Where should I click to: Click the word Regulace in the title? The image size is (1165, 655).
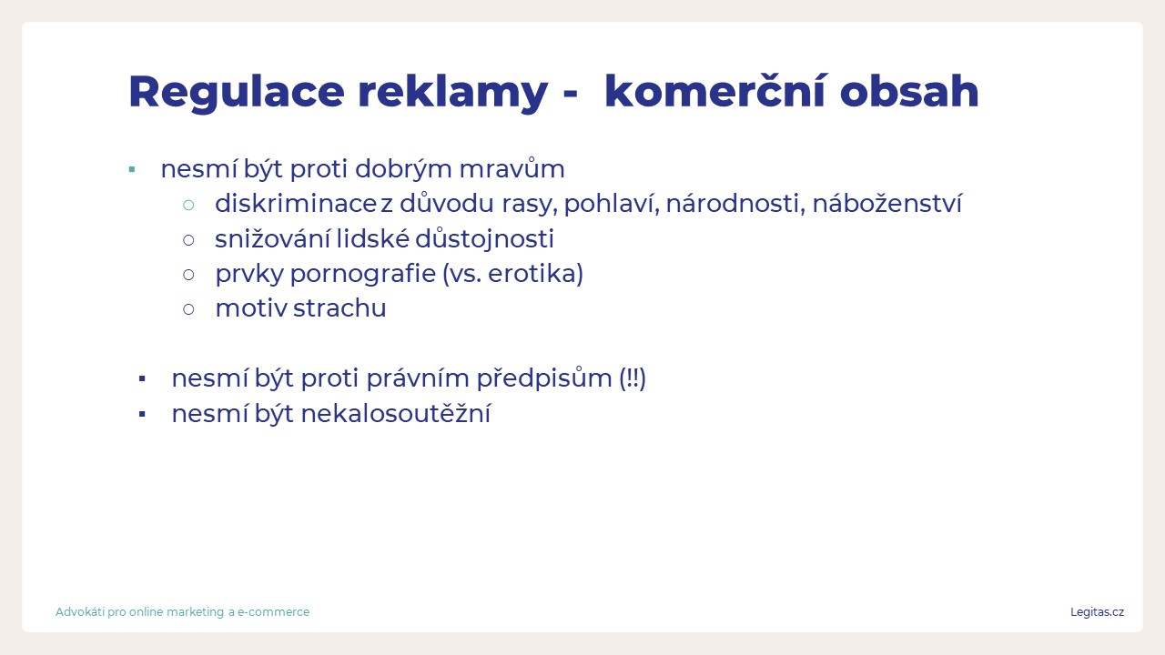[x=237, y=93]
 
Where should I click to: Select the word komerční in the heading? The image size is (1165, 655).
[x=714, y=91]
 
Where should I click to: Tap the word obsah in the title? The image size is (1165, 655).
[x=909, y=91]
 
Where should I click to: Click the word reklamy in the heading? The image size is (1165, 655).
[x=452, y=93]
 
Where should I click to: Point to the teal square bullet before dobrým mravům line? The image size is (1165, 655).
[x=132, y=169]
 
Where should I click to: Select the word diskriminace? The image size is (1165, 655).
[x=296, y=203]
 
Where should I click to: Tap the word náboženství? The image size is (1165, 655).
[x=887, y=203]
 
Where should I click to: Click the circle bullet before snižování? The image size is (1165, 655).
[x=188, y=240]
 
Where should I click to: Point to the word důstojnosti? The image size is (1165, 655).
[x=485, y=239]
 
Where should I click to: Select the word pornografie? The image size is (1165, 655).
[x=362, y=275]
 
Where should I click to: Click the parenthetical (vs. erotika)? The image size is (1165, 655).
[x=512, y=274]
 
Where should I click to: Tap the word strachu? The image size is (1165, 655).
[x=339, y=308]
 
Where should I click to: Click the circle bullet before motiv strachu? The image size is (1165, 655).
[x=188, y=310]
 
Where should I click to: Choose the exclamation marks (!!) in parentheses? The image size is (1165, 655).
[x=633, y=378]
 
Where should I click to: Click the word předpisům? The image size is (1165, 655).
[x=544, y=378]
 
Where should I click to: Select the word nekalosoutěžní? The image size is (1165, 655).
[x=396, y=414]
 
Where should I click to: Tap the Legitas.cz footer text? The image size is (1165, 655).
[x=1097, y=612]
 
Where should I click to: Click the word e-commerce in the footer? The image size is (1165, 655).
[x=274, y=612]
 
